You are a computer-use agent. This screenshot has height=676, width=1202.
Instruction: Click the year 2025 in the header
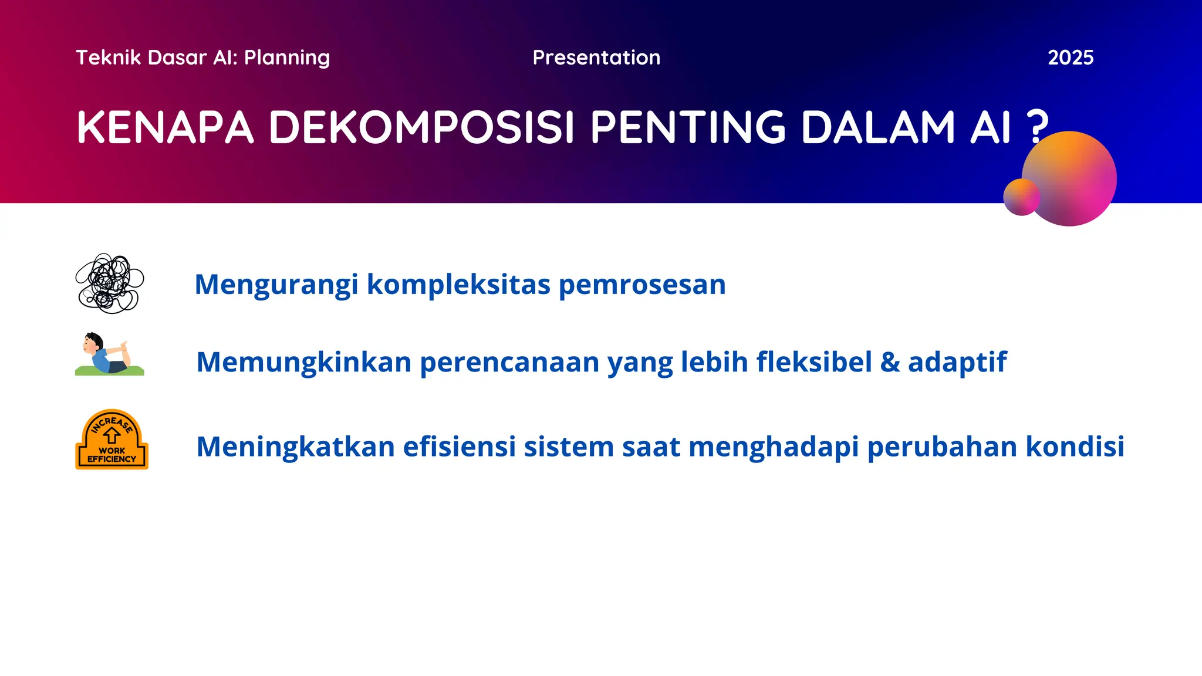pyautogui.click(x=1070, y=58)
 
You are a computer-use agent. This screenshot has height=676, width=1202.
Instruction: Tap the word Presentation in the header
pyautogui.click(x=596, y=58)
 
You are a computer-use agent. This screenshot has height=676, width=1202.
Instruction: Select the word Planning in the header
pyautogui.click(x=287, y=58)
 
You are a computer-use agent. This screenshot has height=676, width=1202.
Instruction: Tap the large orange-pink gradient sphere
pyautogui.click(x=1073, y=176)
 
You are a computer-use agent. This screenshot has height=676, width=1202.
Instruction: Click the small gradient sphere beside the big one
pyautogui.click(x=1021, y=197)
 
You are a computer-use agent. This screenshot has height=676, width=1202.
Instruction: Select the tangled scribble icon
pyautogui.click(x=110, y=283)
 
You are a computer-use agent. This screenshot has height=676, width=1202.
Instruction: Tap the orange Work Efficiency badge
pyautogui.click(x=112, y=440)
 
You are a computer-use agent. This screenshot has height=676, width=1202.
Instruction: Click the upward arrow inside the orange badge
pyautogui.click(x=112, y=435)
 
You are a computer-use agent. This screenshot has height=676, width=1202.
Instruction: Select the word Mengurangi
pyautogui.click(x=276, y=285)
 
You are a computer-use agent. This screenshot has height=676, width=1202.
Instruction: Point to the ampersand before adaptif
pyautogui.click(x=890, y=361)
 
